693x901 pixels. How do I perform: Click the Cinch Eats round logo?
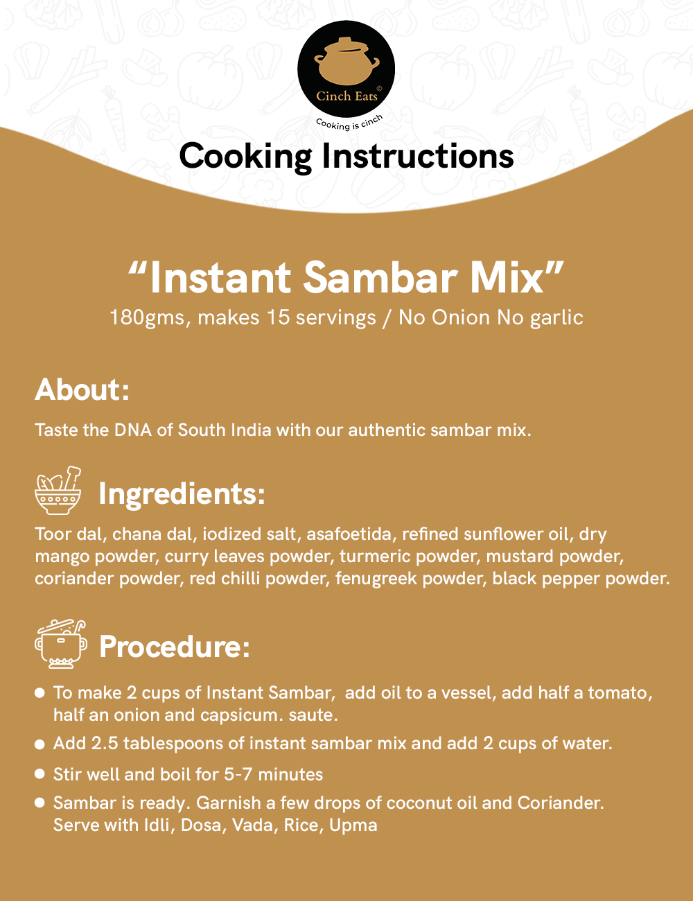[346, 69]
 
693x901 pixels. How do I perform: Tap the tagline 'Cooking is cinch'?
[349, 122]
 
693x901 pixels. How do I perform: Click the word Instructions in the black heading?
[418, 156]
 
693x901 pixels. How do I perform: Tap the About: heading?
[82, 390]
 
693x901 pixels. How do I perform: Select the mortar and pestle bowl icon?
[58, 491]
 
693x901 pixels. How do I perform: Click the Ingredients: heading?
[182, 494]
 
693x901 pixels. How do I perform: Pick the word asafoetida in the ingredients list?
[349, 534]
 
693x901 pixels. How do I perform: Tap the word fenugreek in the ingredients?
[376, 579]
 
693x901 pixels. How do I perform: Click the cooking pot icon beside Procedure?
[61, 644]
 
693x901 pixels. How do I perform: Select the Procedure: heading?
[175, 647]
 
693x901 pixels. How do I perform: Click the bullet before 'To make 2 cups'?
[40, 693]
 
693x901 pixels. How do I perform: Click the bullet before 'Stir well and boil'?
[40, 773]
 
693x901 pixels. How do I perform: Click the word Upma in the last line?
[353, 825]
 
